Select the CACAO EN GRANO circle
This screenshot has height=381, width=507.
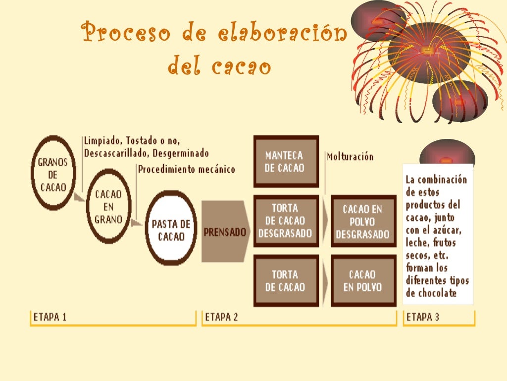coord(108,206)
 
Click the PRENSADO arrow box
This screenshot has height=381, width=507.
coord(225,232)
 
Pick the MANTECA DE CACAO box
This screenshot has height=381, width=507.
coord(285,162)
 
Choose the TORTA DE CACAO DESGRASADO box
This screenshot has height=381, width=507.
coord(285,221)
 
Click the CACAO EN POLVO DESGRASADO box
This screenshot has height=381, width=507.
coord(363,222)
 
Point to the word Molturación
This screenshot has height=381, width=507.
coord(350,157)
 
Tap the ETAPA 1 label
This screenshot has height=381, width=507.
coord(50,317)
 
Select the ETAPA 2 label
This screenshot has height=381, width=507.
coord(221,317)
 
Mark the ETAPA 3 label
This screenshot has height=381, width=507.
coord(422,317)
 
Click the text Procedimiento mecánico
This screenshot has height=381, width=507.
coord(186,169)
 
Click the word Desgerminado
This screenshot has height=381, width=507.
coord(181,153)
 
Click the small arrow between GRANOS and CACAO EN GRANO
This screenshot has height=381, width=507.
coord(78,198)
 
